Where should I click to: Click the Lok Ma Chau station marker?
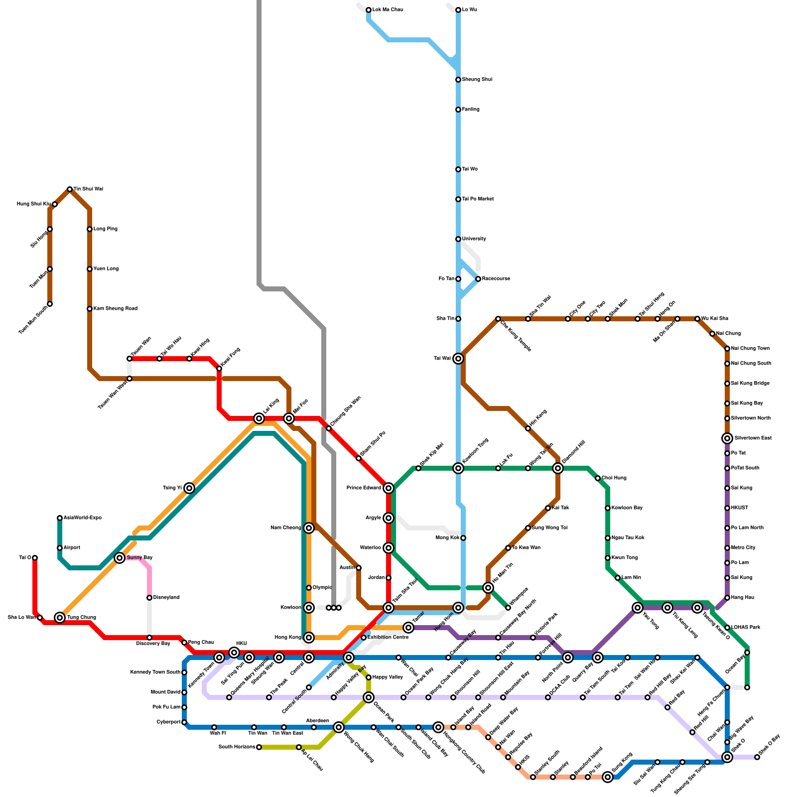369,10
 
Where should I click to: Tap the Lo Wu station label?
470,10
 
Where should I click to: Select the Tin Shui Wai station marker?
70,189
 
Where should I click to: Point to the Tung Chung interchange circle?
60,618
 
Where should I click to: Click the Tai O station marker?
35,558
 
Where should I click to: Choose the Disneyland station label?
166,598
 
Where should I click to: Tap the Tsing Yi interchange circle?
189,488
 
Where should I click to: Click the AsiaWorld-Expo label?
83,518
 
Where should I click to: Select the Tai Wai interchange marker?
458,359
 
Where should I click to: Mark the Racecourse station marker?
478,279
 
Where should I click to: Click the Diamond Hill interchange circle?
558,468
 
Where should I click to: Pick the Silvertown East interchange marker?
727,438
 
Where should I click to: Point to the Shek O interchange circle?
727,757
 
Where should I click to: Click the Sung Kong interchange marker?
608,777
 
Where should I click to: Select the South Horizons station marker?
259,747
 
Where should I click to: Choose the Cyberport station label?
168,722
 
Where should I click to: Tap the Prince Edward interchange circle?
389,488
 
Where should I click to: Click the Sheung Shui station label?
477,80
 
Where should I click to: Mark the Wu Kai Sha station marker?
697,319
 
